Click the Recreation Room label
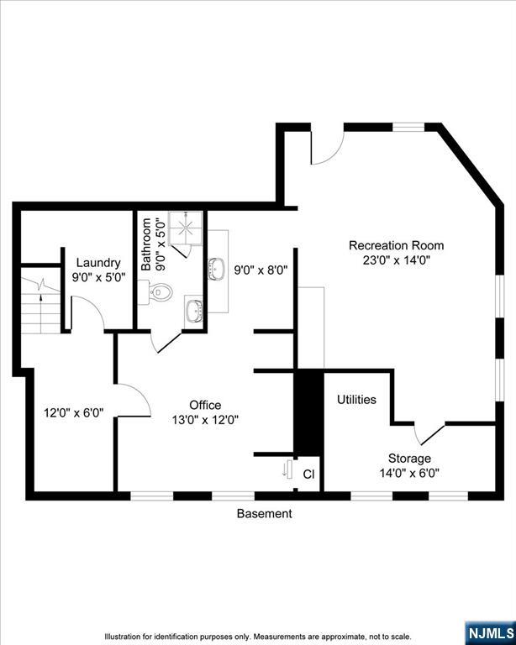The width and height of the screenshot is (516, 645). coord(397,245)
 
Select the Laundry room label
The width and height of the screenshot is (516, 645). coord(98,263)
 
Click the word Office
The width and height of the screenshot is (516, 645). coord(205,405)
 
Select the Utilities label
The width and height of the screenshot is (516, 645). coord(356,400)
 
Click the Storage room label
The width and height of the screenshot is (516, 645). coord(409,459)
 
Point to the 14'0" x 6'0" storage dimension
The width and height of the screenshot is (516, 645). coord(409,473)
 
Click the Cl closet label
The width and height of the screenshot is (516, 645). coord(308,475)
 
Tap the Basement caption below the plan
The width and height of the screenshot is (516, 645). coord(264,513)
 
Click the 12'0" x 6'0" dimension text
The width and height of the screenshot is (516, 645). coord(74,413)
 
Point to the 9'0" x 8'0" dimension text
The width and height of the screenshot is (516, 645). coord(261,270)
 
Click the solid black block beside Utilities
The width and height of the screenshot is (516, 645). coord(308,412)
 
